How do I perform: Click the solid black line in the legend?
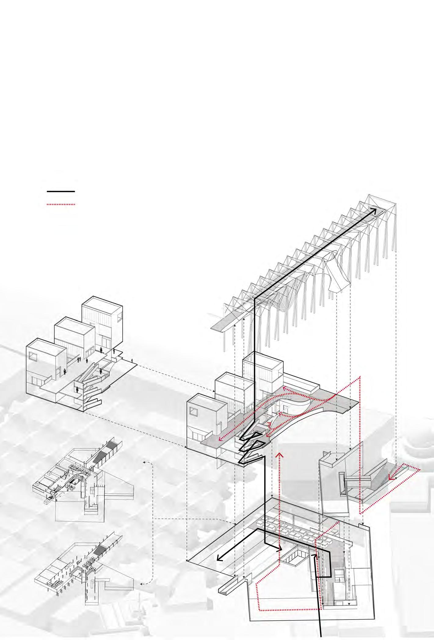pos(61,192)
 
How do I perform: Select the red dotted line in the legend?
pos(61,204)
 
